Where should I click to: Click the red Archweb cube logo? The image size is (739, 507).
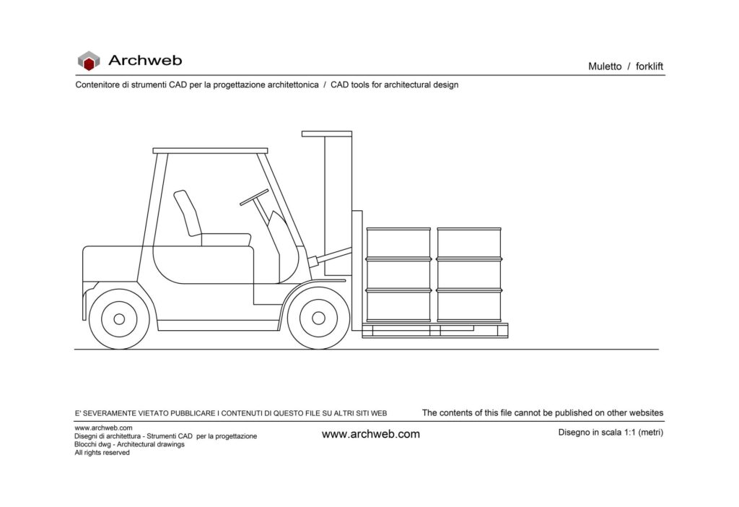tap(89, 61)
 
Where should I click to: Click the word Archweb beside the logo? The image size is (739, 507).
tap(145, 61)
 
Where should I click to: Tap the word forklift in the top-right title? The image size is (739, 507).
tap(650, 66)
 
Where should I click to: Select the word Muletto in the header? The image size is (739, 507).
tap(605, 66)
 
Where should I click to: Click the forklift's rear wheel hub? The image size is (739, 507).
tap(119, 318)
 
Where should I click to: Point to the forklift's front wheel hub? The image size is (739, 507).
tap(317, 318)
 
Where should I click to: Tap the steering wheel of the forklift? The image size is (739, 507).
tap(254, 196)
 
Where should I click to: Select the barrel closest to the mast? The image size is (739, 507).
tap(398, 274)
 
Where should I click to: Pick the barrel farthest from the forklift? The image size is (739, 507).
tap(469, 274)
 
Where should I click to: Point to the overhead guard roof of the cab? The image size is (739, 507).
tap(210, 151)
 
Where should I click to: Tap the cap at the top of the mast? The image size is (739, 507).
tap(327, 134)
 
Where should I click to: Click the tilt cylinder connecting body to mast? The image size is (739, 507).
tap(331, 255)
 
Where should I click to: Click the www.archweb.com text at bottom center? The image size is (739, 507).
tap(370, 434)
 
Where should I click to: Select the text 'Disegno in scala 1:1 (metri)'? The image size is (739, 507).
tap(611, 433)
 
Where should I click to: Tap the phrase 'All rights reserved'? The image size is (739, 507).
tap(102, 453)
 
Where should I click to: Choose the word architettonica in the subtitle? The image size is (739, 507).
tap(293, 84)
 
